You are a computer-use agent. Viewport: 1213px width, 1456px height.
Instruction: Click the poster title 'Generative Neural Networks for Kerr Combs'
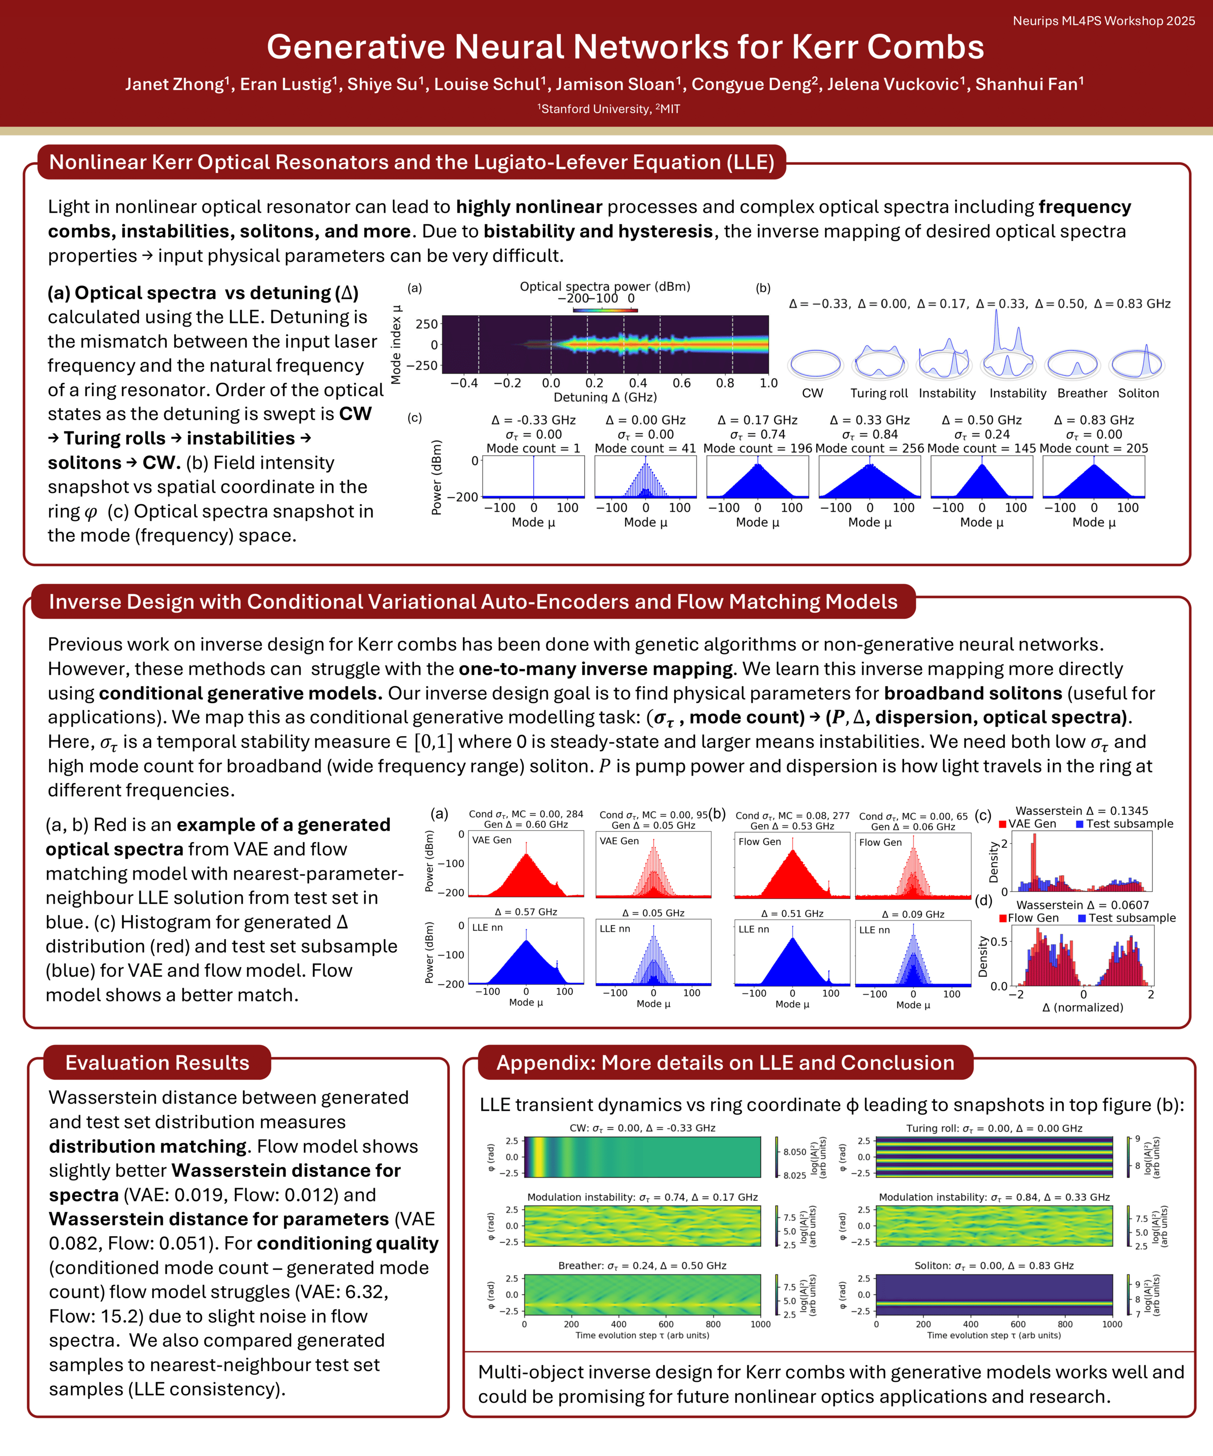[x=625, y=47]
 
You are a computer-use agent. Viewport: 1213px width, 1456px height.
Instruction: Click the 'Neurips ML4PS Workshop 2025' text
[x=1103, y=21]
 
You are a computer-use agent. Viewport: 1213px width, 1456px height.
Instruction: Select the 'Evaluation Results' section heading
[x=157, y=1063]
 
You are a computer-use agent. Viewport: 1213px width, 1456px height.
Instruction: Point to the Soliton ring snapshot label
[x=1138, y=393]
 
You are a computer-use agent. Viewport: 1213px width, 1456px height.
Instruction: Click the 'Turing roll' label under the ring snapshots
[x=879, y=393]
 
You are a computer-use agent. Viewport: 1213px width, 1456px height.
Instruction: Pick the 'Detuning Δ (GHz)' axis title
[x=605, y=397]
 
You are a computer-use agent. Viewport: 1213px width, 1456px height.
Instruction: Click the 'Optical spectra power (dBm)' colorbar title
[x=605, y=286]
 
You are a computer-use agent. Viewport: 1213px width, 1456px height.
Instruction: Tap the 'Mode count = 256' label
[x=870, y=448]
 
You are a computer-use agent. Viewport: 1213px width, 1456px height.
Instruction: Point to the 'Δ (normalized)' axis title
[x=1083, y=1008]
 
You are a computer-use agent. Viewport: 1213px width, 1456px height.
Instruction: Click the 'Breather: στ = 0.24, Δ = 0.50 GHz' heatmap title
[x=642, y=1265]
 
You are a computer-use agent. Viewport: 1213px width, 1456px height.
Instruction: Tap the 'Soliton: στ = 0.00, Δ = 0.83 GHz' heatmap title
[x=994, y=1265]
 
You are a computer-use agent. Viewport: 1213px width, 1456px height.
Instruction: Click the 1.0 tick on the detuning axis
[x=769, y=383]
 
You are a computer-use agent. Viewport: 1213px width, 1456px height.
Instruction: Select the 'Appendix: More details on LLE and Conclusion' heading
[x=725, y=1063]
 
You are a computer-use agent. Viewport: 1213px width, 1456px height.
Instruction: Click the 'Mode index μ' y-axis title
[x=396, y=345]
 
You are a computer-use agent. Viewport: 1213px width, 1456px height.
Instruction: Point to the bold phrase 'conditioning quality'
[x=347, y=1243]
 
